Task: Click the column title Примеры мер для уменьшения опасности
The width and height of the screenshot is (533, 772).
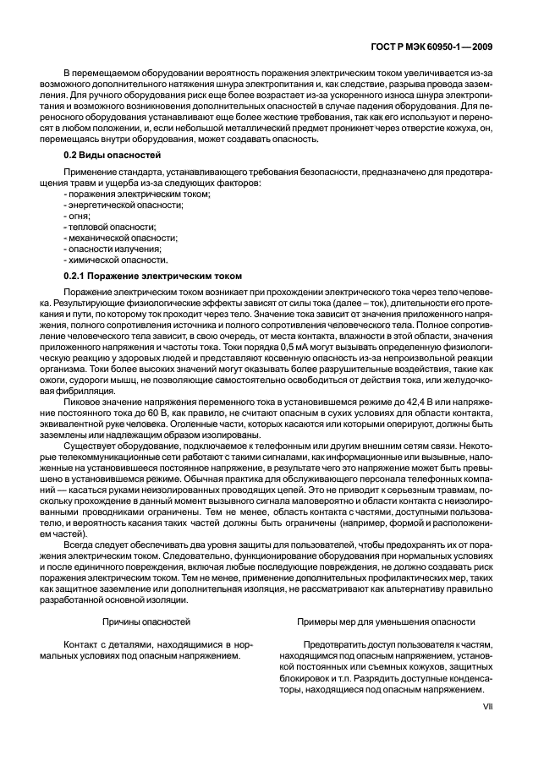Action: pyautogui.click(x=386, y=621)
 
